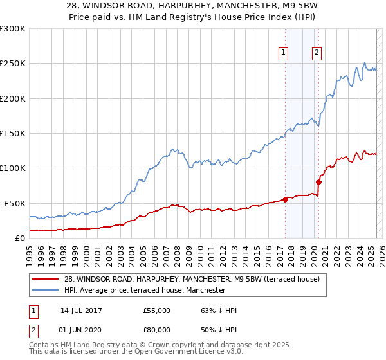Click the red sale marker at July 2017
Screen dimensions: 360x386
click(x=285, y=199)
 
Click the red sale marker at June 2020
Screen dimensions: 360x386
click(x=318, y=182)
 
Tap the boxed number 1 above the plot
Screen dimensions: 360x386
click(x=284, y=53)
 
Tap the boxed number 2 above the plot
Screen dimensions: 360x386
click(x=317, y=53)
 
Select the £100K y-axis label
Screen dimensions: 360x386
click(x=13, y=168)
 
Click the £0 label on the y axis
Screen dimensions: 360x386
click(x=19, y=238)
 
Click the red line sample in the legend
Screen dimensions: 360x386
click(x=45, y=279)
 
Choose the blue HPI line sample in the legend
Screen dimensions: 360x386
click(x=45, y=290)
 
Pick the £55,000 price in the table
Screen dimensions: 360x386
click(x=156, y=310)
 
